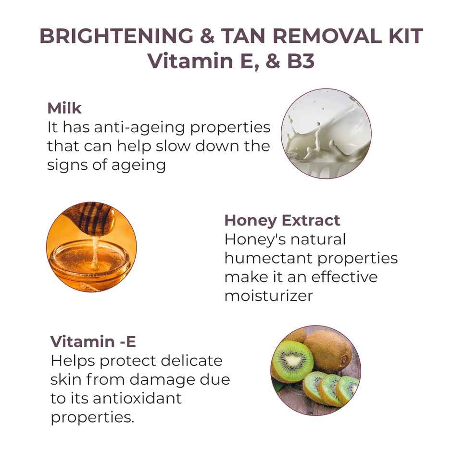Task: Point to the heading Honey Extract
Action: [x=282, y=220]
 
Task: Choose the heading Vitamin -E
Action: [x=93, y=341]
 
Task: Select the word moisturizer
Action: [x=268, y=295]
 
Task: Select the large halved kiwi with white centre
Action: [x=292, y=361]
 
